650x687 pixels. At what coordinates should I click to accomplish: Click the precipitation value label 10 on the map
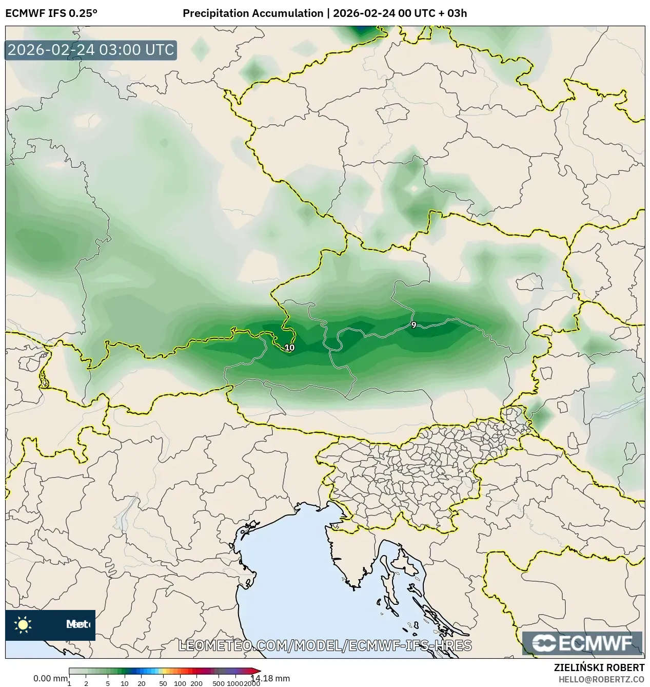pos(289,348)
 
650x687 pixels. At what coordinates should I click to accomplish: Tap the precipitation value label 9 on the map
pos(413,325)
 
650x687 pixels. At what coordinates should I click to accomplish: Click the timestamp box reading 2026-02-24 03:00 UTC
pos(91,50)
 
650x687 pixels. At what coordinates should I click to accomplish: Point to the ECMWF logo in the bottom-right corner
pos(582,643)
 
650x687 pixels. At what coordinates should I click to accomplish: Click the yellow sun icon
pos(23,624)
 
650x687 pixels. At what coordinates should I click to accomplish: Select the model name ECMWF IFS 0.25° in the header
pos(51,13)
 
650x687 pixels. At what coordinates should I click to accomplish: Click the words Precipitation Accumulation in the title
pos(253,13)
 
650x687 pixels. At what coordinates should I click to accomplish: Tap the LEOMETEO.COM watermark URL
pos(324,645)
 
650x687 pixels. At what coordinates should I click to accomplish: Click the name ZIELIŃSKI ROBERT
pos(599,667)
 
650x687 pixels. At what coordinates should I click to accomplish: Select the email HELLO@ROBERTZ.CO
pos(601,679)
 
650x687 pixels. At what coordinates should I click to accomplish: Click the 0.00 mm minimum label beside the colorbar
pos(50,678)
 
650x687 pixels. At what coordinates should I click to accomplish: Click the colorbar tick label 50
pos(163,683)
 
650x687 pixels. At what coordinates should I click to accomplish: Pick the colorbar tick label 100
pos(180,683)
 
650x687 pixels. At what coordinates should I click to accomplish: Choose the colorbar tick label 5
pos(108,683)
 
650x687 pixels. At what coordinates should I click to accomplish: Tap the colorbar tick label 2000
pos(252,683)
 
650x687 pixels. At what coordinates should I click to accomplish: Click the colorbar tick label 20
pos(141,683)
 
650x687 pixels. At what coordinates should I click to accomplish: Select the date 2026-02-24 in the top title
pos(364,13)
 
